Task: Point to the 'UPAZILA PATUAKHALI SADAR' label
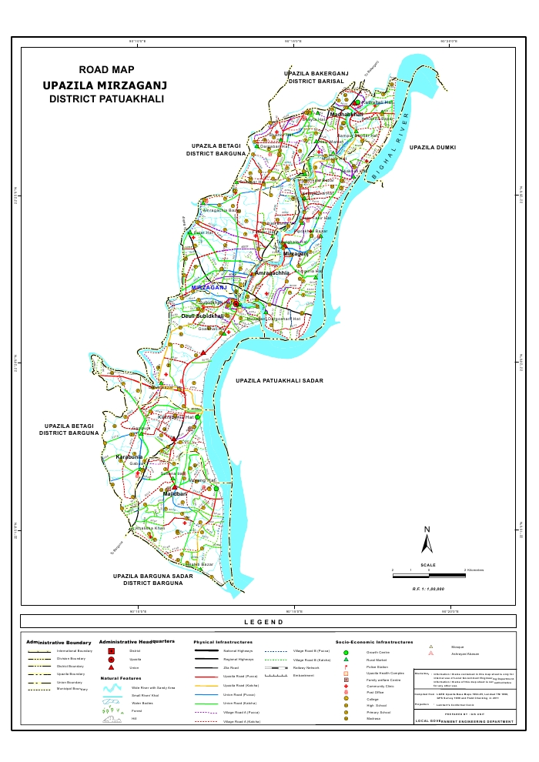coord(280,381)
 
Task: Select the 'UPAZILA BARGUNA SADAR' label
coord(152,576)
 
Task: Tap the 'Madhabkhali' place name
coord(346,114)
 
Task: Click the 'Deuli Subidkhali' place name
coord(202,316)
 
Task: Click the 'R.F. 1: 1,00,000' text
coord(428,588)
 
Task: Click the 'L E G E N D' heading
coord(269,621)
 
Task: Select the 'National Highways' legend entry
coord(237,650)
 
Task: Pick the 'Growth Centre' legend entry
coord(377,651)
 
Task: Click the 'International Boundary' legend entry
coord(75,650)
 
